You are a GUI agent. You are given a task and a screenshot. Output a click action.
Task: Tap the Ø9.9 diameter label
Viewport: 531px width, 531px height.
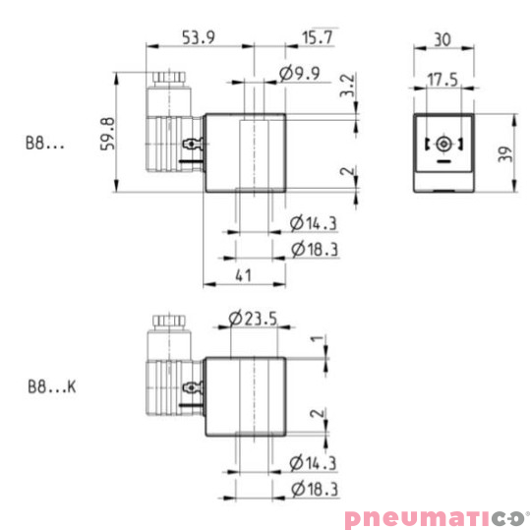[299, 75]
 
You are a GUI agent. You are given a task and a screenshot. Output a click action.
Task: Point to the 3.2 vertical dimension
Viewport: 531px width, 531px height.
[345, 86]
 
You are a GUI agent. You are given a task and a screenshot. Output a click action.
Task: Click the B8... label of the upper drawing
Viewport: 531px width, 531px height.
[45, 144]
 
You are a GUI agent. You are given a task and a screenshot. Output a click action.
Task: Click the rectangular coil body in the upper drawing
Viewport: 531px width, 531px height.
[244, 152]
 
